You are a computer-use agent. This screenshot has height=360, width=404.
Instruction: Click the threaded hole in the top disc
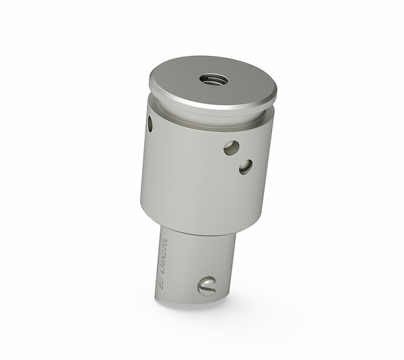213,79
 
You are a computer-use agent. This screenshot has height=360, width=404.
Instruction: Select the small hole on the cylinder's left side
149,124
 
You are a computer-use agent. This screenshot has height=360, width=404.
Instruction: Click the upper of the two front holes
231,147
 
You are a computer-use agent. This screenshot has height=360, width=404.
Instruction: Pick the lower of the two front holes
246,166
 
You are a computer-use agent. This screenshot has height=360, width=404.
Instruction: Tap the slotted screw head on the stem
207,287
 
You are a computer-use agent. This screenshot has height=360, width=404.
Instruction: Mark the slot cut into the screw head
207,287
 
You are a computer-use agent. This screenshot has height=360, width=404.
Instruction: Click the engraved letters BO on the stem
162,284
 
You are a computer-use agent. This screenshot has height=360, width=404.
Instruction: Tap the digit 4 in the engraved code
164,271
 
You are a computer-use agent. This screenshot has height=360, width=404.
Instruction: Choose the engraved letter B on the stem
161,287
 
